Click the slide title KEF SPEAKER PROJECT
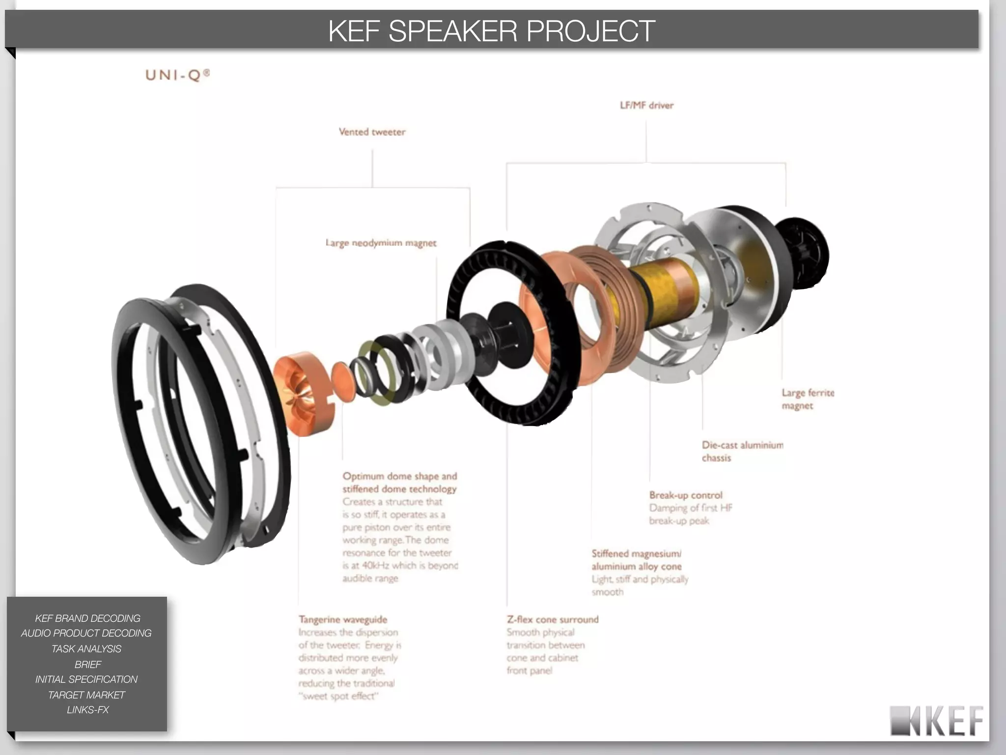pos(491,30)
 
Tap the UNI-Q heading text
pos(177,75)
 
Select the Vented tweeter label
pos(372,132)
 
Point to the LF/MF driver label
pos(646,105)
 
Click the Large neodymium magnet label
pos(381,243)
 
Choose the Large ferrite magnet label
pos(807,399)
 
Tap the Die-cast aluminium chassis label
pos(742,451)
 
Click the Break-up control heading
pos(686,495)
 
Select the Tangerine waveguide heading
pos(343,619)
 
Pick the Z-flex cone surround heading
pos(553,619)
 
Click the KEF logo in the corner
pos(937,721)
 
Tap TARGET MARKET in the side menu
pos(86,695)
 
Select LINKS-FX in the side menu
pos(87,710)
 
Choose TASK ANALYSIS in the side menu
pos(86,649)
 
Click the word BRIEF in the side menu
pos(87,664)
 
